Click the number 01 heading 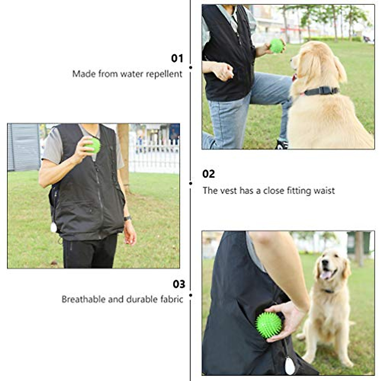coord(177,58)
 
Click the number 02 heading coord(209,174)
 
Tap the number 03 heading coord(179,284)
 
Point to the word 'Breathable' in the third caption coord(83,299)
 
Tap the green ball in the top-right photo coord(277,46)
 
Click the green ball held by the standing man coord(94,145)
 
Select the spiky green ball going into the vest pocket coord(269,325)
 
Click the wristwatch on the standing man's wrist coord(127,218)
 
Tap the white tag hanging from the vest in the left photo coord(54,227)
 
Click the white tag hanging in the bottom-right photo coord(289,366)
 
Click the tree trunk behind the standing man coord(124,156)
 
